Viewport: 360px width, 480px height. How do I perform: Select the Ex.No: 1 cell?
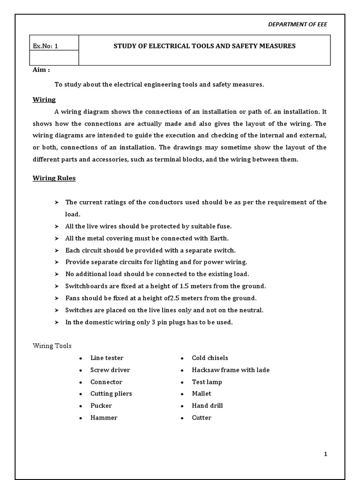coord(45,46)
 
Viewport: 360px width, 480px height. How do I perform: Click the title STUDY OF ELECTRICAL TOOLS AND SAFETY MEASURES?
coord(205,46)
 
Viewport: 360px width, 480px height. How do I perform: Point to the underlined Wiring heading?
coord(44,99)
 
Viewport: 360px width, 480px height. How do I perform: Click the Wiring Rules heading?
coord(54,178)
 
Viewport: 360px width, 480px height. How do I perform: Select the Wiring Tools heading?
coord(52,346)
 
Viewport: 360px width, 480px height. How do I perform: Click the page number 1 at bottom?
coord(325,454)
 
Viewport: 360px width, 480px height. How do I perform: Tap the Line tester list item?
coord(107,358)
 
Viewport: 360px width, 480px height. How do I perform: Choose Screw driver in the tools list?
coord(110,370)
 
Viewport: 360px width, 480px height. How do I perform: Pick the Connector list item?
coord(106,382)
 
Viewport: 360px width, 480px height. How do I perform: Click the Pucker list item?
coord(101,405)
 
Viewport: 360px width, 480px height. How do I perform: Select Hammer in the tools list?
coord(104,418)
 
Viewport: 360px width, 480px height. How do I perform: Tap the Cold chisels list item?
coord(210,358)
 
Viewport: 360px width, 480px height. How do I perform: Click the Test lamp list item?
coord(207,382)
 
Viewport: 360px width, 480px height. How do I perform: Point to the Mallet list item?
coord(202,394)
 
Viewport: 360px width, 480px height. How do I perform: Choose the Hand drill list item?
coord(207,405)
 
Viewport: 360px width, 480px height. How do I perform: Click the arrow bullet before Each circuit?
coord(56,250)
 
